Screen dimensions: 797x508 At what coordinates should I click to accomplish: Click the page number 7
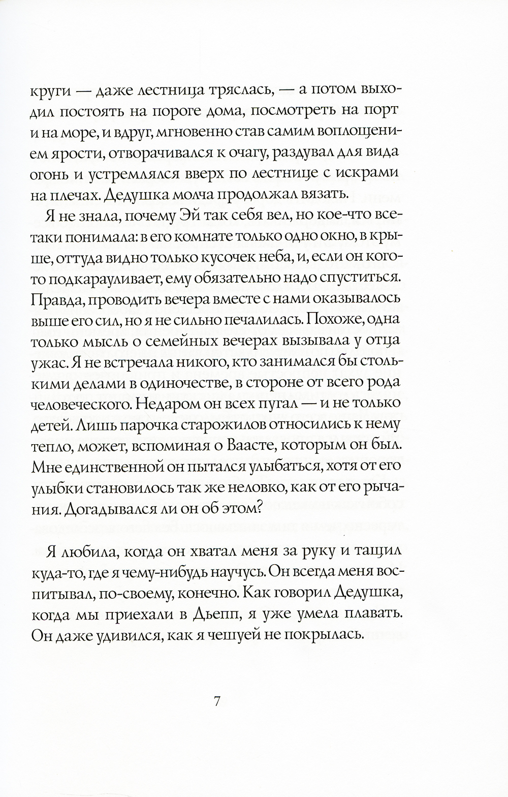216,701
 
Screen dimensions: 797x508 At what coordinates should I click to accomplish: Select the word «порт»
384,110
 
